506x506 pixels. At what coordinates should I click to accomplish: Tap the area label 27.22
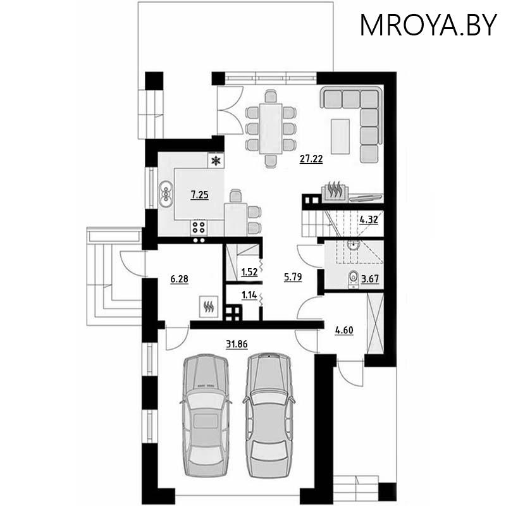click(x=311, y=159)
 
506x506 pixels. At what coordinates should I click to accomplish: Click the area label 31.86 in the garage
click(x=237, y=343)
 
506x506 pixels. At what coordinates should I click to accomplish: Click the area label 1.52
click(x=249, y=273)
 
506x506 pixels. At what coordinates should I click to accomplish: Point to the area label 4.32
click(x=369, y=221)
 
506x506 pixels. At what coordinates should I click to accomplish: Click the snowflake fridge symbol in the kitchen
click(x=216, y=161)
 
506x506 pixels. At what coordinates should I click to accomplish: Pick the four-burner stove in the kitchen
click(x=199, y=227)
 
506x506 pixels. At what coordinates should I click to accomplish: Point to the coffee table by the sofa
click(x=340, y=135)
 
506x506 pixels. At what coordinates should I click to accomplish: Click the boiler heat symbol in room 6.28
click(x=208, y=307)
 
